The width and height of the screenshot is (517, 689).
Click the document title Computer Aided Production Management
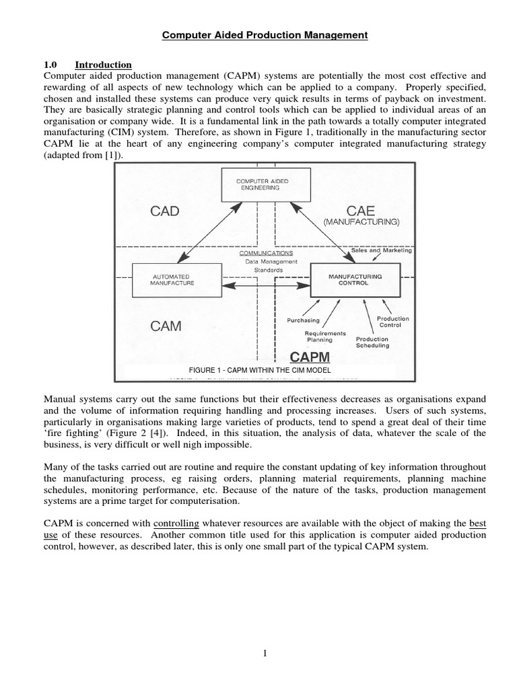(265, 36)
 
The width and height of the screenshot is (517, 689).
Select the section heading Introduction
(103, 65)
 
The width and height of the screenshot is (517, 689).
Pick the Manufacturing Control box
(355, 280)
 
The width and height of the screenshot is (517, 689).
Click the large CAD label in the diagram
(164, 211)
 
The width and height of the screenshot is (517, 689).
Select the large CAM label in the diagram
(165, 326)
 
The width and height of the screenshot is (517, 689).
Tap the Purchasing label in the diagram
(303, 320)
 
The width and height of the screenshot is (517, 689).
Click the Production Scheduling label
(372, 342)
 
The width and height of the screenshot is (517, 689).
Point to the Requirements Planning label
(325, 336)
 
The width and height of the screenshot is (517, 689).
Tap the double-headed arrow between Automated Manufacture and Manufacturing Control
(265, 287)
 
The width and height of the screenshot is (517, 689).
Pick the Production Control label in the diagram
(392, 322)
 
